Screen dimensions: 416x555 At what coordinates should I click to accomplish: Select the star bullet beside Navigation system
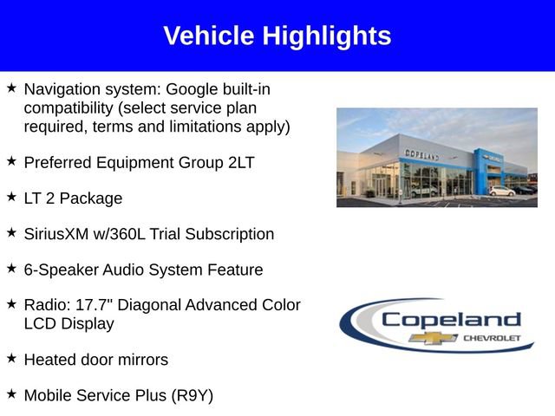pyautogui.click(x=11, y=88)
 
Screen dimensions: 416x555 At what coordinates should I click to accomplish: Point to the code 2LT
pyautogui.click(x=238, y=162)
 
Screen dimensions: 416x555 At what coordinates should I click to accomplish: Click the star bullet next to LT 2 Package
pyautogui.click(x=11, y=197)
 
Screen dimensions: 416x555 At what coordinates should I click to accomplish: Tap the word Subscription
pyautogui.click(x=230, y=234)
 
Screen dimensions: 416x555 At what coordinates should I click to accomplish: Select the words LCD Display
pyautogui.click(x=69, y=323)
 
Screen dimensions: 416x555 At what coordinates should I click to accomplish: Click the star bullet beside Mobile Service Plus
pyautogui.click(x=11, y=393)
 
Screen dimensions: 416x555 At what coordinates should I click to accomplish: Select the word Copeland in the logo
pyautogui.click(x=451, y=320)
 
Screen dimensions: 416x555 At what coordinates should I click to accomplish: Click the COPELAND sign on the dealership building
pyautogui.click(x=421, y=153)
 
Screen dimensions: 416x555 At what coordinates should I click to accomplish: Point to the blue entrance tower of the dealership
pyautogui.click(x=483, y=169)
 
